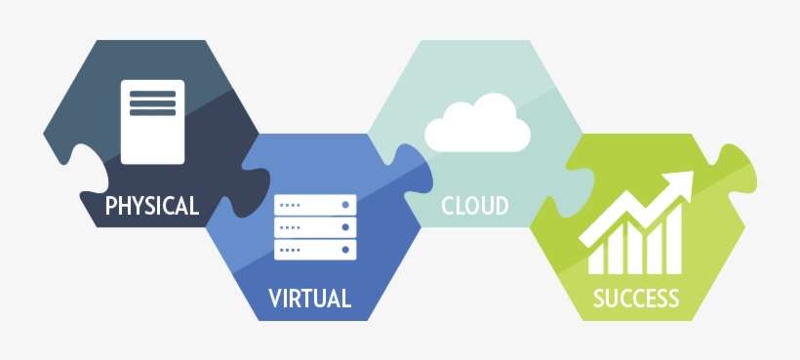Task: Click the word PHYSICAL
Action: coord(152,206)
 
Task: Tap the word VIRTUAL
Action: coord(309,299)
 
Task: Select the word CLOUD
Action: coord(475,206)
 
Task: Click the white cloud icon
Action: coord(477,126)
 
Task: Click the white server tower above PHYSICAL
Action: coord(152,121)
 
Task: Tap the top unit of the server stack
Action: coord(315,205)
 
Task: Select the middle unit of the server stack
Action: coord(315,227)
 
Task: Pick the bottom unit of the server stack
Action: coord(315,250)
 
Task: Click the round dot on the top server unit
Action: coord(344,205)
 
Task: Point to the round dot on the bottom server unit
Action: coord(344,250)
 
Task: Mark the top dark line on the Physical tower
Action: coord(152,95)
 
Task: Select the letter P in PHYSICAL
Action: coord(111,206)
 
